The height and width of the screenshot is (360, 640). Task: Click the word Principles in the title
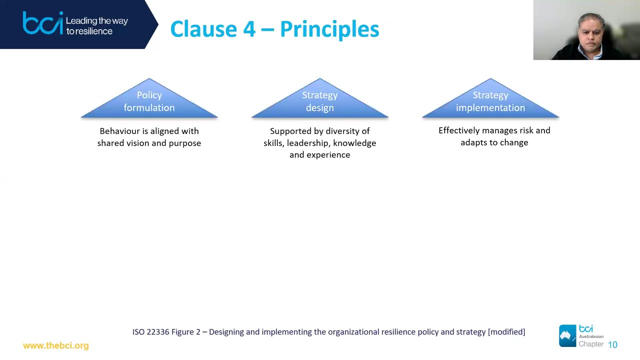329,29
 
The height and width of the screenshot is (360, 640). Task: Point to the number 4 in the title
249,29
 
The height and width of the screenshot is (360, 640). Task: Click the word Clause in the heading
203,29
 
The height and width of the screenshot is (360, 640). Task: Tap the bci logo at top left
43,23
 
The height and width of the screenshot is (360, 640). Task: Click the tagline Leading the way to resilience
96,26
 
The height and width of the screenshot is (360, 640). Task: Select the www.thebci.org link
55,345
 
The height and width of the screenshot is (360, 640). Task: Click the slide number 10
612,344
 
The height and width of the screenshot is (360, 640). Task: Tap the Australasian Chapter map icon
567,335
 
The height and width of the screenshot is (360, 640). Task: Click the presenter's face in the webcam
591,33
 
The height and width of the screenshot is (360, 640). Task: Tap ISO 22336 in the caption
150,332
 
